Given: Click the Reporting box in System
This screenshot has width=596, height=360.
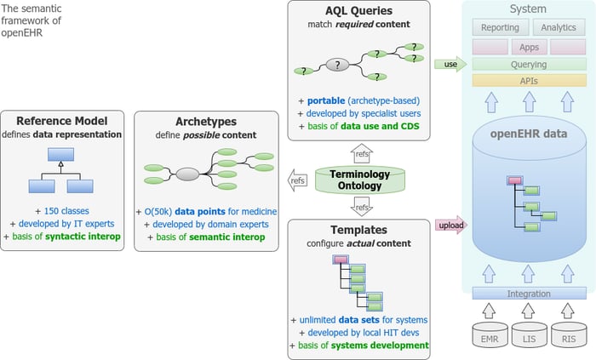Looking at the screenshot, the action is pyautogui.click(x=501, y=27).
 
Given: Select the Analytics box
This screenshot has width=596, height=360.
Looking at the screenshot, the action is pyautogui.click(x=559, y=27).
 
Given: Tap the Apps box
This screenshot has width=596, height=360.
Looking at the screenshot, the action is pyautogui.click(x=529, y=47).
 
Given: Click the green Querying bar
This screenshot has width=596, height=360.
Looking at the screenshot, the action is pyautogui.click(x=529, y=64).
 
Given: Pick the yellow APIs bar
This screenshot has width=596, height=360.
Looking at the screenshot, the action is pyautogui.click(x=529, y=81).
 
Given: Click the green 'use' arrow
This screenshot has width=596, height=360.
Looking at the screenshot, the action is pyautogui.click(x=450, y=64).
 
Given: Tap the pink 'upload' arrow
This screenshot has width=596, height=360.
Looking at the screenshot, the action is pyautogui.click(x=451, y=226).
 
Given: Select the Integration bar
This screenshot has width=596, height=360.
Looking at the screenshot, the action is pyautogui.click(x=529, y=294).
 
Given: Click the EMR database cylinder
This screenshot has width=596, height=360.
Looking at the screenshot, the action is pyautogui.click(x=490, y=334).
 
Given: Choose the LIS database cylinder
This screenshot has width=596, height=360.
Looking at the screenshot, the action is pyautogui.click(x=529, y=334).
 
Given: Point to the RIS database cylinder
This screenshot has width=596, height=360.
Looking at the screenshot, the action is pyautogui.click(x=569, y=334).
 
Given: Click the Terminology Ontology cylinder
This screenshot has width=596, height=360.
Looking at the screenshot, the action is pyautogui.click(x=360, y=180).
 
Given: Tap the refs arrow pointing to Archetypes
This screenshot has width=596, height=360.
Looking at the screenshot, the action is pyautogui.click(x=298, y=180).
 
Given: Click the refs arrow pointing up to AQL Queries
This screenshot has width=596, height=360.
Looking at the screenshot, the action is pyautogui.click(x=362, y=153).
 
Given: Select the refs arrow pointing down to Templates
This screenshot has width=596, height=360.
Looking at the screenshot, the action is pyautogui.click(x=362, y=207).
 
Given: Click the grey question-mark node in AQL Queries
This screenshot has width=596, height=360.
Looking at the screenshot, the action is pyautogui.click(x=337, y=65).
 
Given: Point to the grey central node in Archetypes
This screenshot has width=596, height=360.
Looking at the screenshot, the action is pyautogui.click(x=187, y=174).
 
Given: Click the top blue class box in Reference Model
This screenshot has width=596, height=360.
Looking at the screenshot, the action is pyautogui.click(x=60, y=155).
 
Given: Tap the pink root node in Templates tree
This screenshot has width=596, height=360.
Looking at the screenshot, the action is pyautogui.click(x=341, y=260).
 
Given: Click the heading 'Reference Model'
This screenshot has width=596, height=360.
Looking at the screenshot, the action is pyautogui.click(x=62, y=121).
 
